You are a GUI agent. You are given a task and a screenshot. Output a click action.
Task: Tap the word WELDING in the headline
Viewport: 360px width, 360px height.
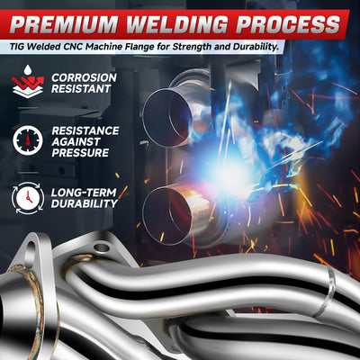[177, 23]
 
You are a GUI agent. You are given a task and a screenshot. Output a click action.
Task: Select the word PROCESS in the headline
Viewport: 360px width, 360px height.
[288, 23]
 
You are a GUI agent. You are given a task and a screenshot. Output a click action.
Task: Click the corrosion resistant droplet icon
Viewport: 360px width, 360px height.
[28, 82]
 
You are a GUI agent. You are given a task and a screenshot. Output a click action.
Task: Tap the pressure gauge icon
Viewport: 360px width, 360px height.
[28, 140]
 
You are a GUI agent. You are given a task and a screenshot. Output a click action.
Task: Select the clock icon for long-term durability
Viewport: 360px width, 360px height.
[28, 198]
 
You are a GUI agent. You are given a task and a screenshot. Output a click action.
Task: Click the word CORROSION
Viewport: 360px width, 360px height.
[84, 77]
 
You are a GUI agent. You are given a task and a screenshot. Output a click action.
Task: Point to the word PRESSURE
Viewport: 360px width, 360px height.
[80, 153]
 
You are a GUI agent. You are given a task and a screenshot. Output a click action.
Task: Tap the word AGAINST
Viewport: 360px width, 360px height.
[76, 141]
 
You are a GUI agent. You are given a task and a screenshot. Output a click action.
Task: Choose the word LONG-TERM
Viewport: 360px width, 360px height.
[84, 193]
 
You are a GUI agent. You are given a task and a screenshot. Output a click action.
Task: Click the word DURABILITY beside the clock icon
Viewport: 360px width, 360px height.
[85, 203]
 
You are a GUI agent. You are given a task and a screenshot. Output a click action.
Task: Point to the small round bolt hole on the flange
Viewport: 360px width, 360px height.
[102, 247]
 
